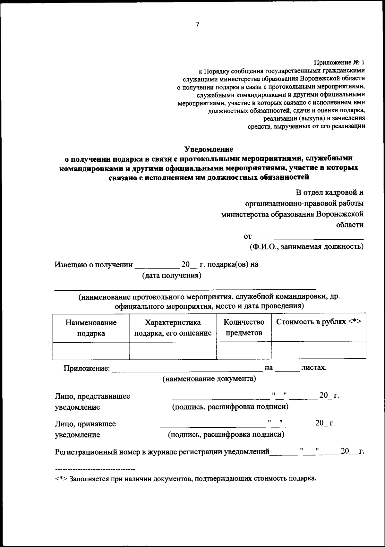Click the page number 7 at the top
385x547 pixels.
click(x=197, y=24)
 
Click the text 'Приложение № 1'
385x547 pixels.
click(x=339, y=62)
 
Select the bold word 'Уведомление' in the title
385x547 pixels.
click(x=209, y=149)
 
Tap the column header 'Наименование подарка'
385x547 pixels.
click(x=91, y=328)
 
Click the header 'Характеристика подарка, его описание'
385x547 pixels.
click(x=173, y=328)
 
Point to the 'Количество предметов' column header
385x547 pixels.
click(x=244, y=327)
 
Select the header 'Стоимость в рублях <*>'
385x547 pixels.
click(x=319, y=322)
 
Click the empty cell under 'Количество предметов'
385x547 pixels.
click(x=244, y=350)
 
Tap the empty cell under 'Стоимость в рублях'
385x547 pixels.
click(x=319, y=350)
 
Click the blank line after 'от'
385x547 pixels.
click(x=309, y=237)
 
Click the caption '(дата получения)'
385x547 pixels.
click(x=172, y=275)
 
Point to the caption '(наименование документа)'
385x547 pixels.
click(x=209, y=379)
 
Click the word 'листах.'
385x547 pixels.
click(x=314, y=368)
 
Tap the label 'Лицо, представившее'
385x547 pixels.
click(x=92, y=396)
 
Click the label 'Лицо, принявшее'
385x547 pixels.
click(x=85, y=424)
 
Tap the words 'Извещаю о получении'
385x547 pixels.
click(x=93, y=265)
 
